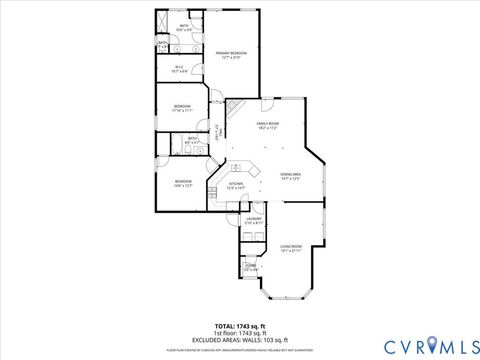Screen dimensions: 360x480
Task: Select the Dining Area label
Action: coord(291,177)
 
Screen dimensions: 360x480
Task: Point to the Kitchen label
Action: coord(236,186)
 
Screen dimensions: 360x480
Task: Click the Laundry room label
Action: coord(253,220)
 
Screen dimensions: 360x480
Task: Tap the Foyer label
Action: coord(251,267)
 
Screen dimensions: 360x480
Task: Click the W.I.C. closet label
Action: coord(180,70)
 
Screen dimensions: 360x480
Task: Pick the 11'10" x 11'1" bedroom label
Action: coord(181,108)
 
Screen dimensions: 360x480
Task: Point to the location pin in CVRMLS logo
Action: coord(433,346)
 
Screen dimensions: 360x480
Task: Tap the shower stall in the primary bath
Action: coord(163,21)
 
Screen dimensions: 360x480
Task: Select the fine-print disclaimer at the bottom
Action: coord(239,350)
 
